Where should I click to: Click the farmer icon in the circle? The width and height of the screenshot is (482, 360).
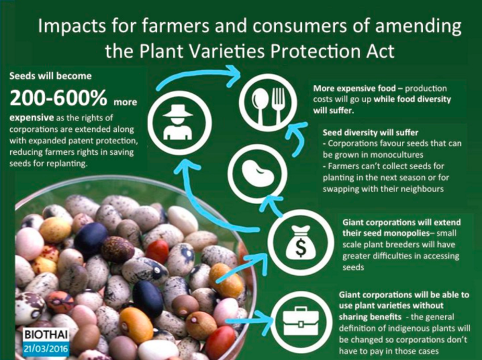[178, 122]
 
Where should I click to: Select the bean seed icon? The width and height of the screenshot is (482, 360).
[258, 173]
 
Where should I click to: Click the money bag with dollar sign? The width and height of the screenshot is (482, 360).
[300, 242]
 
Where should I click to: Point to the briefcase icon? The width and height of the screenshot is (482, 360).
[301, 321]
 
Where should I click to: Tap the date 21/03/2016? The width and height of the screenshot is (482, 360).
[46, 349]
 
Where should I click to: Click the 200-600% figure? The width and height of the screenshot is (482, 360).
[58, 98]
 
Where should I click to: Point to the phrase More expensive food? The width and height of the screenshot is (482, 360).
[354, 88]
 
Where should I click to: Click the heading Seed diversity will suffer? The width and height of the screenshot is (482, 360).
[371, 132]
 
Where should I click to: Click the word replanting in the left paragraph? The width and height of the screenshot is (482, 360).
[66, 164]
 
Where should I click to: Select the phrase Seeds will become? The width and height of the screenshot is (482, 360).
[51, 76]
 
